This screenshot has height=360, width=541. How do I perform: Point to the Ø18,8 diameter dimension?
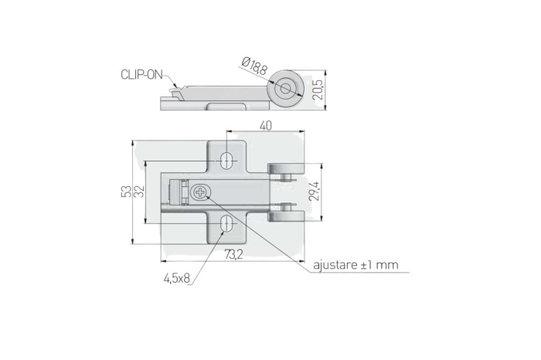[x=254, y=67]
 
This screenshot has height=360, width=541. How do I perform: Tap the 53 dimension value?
[x=126, y=192]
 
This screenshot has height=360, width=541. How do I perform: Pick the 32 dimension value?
[x=140, y=192]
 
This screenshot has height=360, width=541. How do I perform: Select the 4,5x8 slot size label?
[x=176, y=277]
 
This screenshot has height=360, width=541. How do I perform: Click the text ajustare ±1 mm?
[x=356, y=265]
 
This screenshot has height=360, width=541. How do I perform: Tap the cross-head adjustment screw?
[x=203, y=191]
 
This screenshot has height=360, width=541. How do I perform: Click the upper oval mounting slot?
[x=227, y=160]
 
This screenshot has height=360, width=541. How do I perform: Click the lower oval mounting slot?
[x=227, y=224]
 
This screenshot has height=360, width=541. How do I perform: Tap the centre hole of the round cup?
[x=288, y=88]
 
